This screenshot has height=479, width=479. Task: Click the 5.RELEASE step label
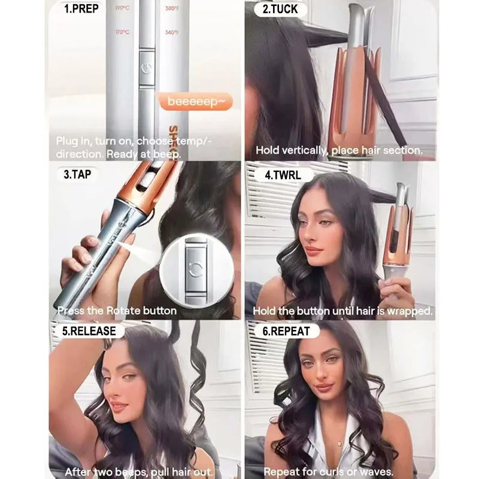click(89, 331)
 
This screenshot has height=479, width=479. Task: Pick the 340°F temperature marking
click(172, 31)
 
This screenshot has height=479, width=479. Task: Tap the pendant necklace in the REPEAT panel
click(339, 444)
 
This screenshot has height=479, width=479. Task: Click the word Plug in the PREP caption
click(67, 141)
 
